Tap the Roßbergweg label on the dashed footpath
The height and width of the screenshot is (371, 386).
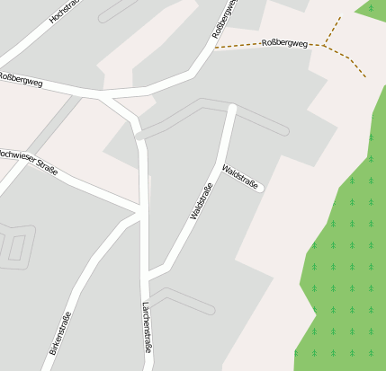click(x=284, y=43)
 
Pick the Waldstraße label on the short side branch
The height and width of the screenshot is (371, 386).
click(x=241, y=177)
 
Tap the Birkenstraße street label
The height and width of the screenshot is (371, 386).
click(x=60, y=332)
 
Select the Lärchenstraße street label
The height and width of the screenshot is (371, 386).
click(x=146, y=327)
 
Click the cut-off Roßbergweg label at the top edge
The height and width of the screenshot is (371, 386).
click(x=224, y=18)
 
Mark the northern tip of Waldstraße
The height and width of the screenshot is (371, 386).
click(x=232, y=109)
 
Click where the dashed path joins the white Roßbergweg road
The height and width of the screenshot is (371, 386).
click(x=216, y=48)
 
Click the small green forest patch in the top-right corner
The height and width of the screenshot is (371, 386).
click(x=373, y=8)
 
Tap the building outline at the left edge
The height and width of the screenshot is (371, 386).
click(x=16, y=244)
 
